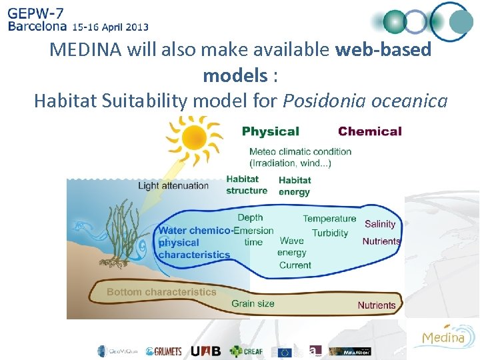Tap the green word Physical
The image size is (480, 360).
270,131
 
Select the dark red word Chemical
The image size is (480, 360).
369,131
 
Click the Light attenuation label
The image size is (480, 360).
173,185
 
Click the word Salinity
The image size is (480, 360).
380,224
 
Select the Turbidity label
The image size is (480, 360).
330,233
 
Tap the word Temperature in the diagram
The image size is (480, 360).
329,218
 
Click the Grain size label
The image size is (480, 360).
253,303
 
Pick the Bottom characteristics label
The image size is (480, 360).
161,291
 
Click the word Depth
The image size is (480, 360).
250,217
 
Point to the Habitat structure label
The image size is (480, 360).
247,185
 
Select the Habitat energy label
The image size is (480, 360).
295,185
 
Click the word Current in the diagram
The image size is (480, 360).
295,265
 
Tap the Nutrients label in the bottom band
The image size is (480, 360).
376,305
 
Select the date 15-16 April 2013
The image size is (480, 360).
110,27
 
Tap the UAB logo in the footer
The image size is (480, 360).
205,351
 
